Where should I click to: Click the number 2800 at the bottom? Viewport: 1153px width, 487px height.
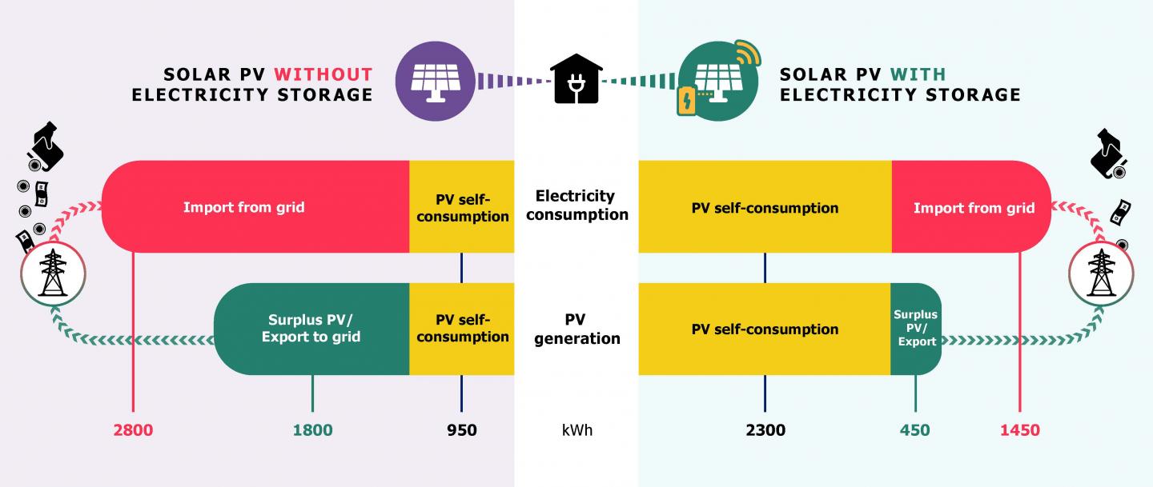(x=133, y=430)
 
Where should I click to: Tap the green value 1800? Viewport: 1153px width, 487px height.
(x=312, y=430)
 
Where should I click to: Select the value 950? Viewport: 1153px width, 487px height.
(x=461, y=430)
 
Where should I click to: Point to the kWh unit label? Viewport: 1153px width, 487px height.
(x=576, y=430)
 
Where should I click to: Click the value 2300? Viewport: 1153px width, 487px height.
(x=765, y=430)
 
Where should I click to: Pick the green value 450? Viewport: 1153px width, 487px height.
(x=914, y=430)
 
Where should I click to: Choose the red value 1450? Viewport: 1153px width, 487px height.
(x=1019, y=430)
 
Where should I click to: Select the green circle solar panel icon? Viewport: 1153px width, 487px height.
(x=715, y=81)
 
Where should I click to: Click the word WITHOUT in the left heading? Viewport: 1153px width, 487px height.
(x=323, y=74)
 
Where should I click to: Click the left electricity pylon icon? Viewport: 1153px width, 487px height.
(x=53, y=274)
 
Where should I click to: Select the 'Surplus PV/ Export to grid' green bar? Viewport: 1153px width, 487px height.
(x=311, y=329)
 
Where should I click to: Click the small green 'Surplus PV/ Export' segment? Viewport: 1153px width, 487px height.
(x=916, y=329)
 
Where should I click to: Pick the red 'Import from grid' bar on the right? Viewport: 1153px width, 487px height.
(x=973, y=208)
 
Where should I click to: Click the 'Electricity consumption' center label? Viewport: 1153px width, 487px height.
(x=576, y=205)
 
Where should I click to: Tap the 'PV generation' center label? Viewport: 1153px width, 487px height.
(x=576, y=329)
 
